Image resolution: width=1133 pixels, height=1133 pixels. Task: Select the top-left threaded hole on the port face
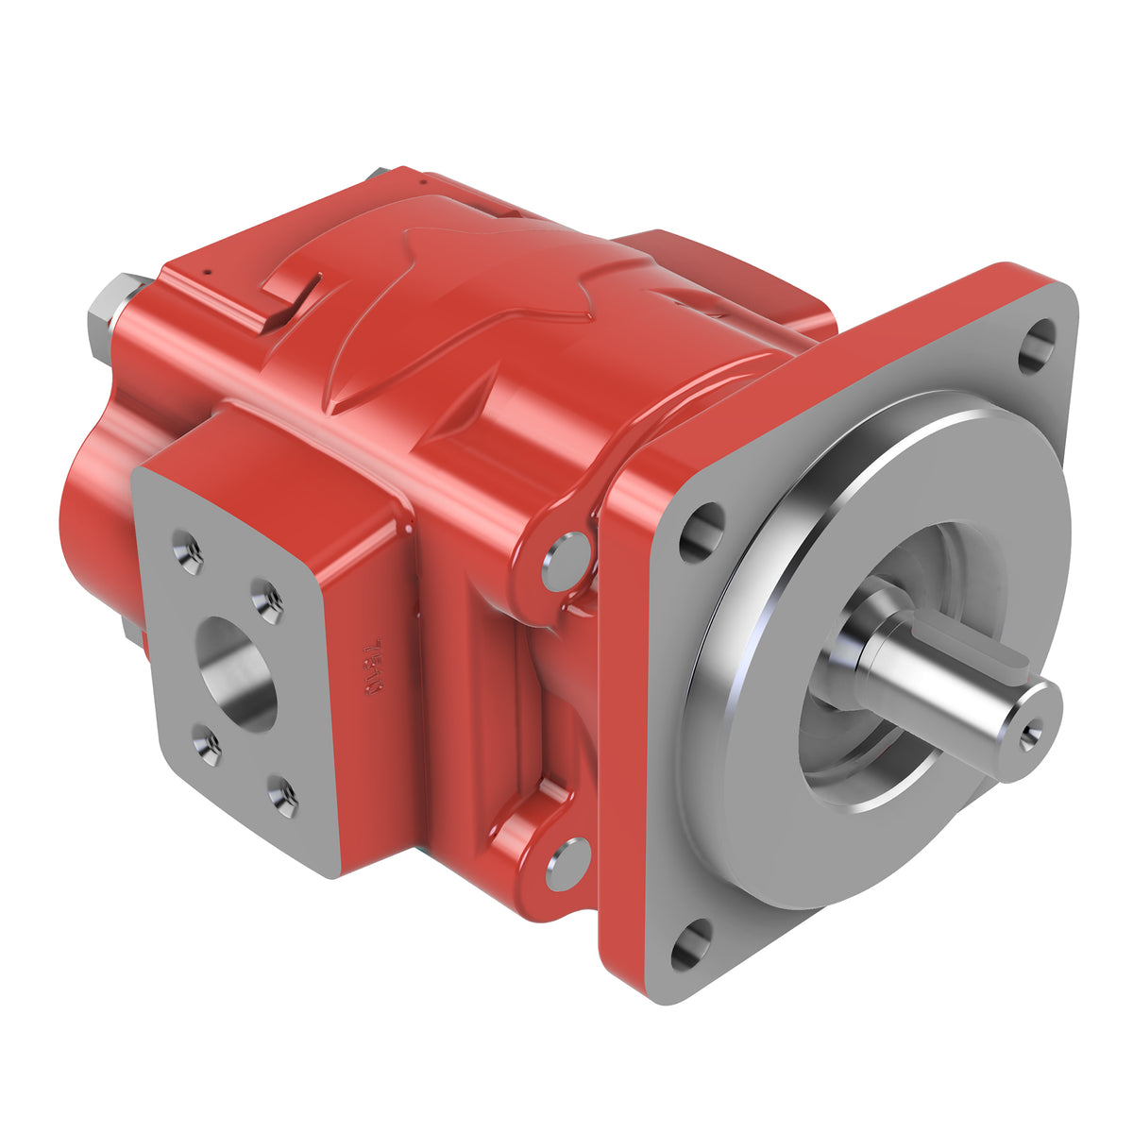tap(187, 552)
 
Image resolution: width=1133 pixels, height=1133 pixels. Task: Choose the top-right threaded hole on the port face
tap(268, 600)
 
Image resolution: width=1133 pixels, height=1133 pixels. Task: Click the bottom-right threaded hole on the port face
tap(282, 796)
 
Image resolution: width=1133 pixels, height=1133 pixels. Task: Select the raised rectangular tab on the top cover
tap(289, 293)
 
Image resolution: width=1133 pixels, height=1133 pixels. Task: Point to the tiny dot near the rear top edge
tap(206, 275)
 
